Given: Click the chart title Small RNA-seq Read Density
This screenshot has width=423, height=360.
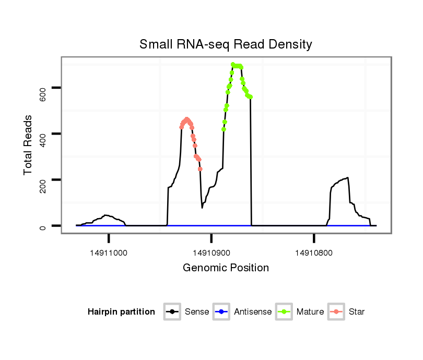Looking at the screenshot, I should pyautogui.click(x=226, y=44).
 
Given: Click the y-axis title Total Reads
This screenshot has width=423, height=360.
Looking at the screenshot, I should pyautogui.click(x=29, y=145).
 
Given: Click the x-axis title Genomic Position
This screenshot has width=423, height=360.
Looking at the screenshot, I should pyautogui.click(x=226, y=268).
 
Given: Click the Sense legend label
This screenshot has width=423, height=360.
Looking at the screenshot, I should pyautogui.click(x=197, y=312).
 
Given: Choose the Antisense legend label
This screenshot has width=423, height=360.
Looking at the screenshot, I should pyautogui.click(x=253, y=312).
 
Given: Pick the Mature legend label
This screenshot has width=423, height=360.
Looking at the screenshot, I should pyautogui.click(x=310, y=312).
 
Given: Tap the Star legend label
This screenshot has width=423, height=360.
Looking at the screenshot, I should pyautogui.click(x=356, y=312).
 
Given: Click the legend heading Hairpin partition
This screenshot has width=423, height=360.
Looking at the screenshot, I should pyautogui.click(x=121, y=312).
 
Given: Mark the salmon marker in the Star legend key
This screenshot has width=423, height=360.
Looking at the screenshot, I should pyautogui.click(x=336, y=312).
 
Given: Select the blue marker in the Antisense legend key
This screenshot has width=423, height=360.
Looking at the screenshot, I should pyautogui.click(x=221, y=312).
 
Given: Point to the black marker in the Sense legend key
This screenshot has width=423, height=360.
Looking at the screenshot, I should pyautogui.click(x=172, y=312).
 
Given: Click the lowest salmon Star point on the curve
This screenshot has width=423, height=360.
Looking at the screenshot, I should pyautogui.click(x=201, y=169).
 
